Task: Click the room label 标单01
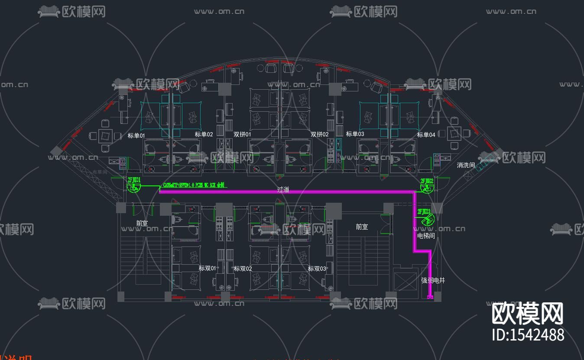(x=136, y=136)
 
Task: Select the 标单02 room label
(x=204, y=134)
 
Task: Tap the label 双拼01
(x=242, y=134)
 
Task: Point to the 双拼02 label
(x=319, y=134)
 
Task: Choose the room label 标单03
(x=355, y=134)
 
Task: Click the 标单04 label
(x=426, y=135)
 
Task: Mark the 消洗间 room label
(x=466, y=165)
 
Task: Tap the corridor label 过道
(x=283, y=190)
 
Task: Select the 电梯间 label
(x=426, y=236)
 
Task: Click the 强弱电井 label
(x=433, y=280)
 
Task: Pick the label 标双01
(x=207, y=269)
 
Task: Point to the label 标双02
(x=243, y=269)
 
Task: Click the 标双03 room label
(x=317, y=269)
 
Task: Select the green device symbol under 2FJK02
(x=426, y=188)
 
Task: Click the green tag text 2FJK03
(x=424, y=211)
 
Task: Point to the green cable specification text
(x=194, y=185)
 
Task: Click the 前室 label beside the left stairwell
(x=142, y=224)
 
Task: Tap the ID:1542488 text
(x=528, y=335)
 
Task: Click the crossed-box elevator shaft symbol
(x=405, y=281)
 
